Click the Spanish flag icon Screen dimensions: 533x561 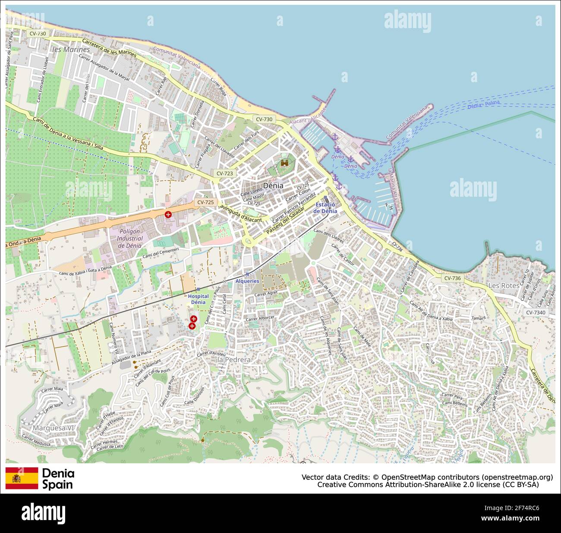[x=22, y=478]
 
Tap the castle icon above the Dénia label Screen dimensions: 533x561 [x=285, y=163]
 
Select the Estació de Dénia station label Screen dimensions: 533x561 [x=325, y=208]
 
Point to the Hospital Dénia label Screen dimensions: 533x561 [x=198, y=299]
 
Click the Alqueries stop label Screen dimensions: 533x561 [x=247, y=281]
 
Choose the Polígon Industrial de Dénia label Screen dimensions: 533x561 [x=129, y=238]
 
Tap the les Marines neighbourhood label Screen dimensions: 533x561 [x=71, y=49]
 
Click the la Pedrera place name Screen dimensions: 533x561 [x=233, y=360]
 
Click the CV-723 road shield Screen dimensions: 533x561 [x=224, y=173]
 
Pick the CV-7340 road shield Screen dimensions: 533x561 [x=536, y=313]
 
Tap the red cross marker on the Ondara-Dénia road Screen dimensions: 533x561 [x=168, y=214]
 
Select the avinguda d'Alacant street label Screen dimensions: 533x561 [x=241, y=214]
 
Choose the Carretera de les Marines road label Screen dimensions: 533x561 [x=109, y=48]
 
